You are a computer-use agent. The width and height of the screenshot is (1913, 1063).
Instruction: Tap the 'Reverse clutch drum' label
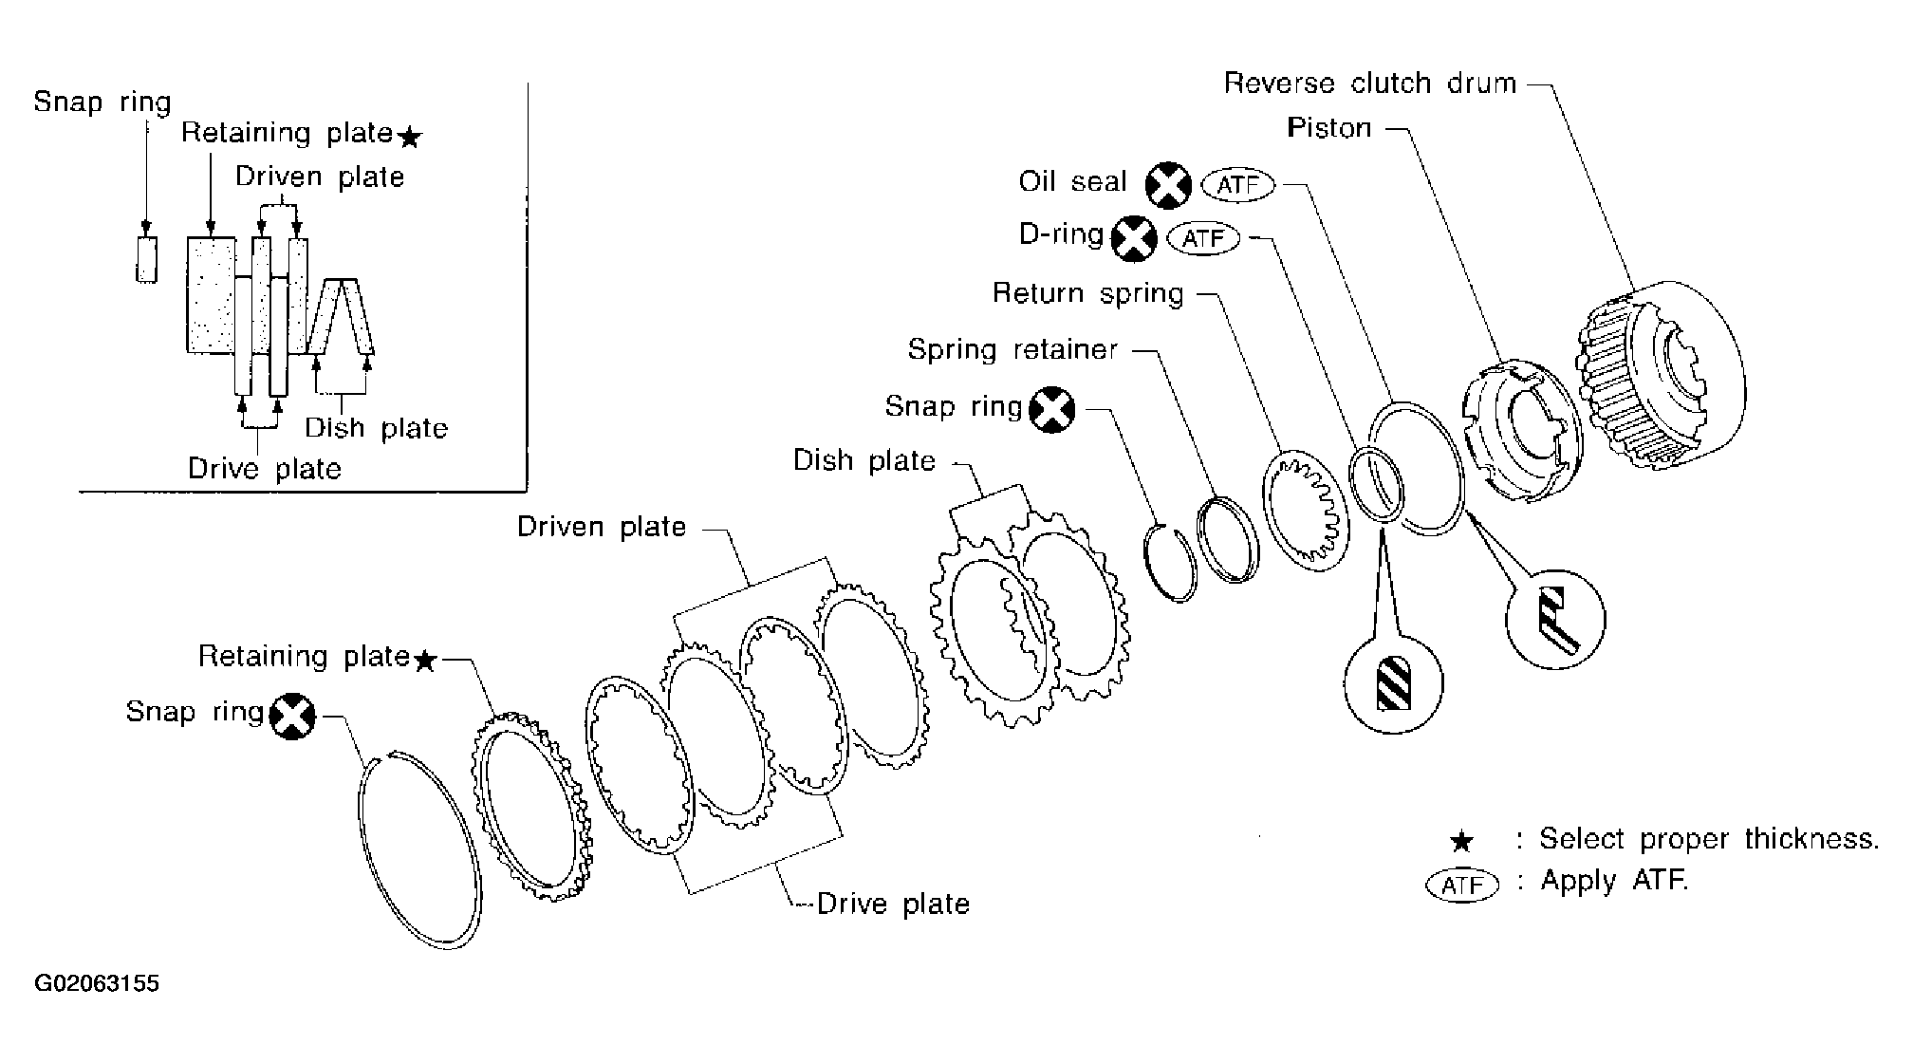(x=1370, y=84)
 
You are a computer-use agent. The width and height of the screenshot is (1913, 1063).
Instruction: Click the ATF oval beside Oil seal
(x=1238, y=185)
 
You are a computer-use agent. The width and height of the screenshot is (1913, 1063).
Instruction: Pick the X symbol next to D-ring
(x=1134, y=238)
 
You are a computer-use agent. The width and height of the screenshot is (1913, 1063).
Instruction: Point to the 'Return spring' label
(x=1088, y=293)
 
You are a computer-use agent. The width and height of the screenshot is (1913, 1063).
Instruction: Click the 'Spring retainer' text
(x=1012, y=349)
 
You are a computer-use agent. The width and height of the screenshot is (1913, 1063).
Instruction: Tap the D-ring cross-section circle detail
(x=1393, y=683)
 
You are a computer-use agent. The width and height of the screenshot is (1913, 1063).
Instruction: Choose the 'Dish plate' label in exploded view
(x=864, y=461)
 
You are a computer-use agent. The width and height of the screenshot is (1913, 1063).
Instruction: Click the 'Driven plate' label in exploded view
(x=602, y=527)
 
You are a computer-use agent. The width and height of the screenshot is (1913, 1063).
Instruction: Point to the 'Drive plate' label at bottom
(x=893, y=904)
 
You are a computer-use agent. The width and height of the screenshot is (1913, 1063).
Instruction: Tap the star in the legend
(x=1462, y=842)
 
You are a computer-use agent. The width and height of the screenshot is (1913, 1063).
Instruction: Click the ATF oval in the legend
(x=1461, y=885)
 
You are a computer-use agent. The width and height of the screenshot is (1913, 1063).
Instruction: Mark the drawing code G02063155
(x=97, y=984)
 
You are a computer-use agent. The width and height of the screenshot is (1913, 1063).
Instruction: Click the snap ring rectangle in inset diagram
(x=146, y=258)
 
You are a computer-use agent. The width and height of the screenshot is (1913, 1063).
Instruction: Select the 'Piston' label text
(x=1329, y=128)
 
